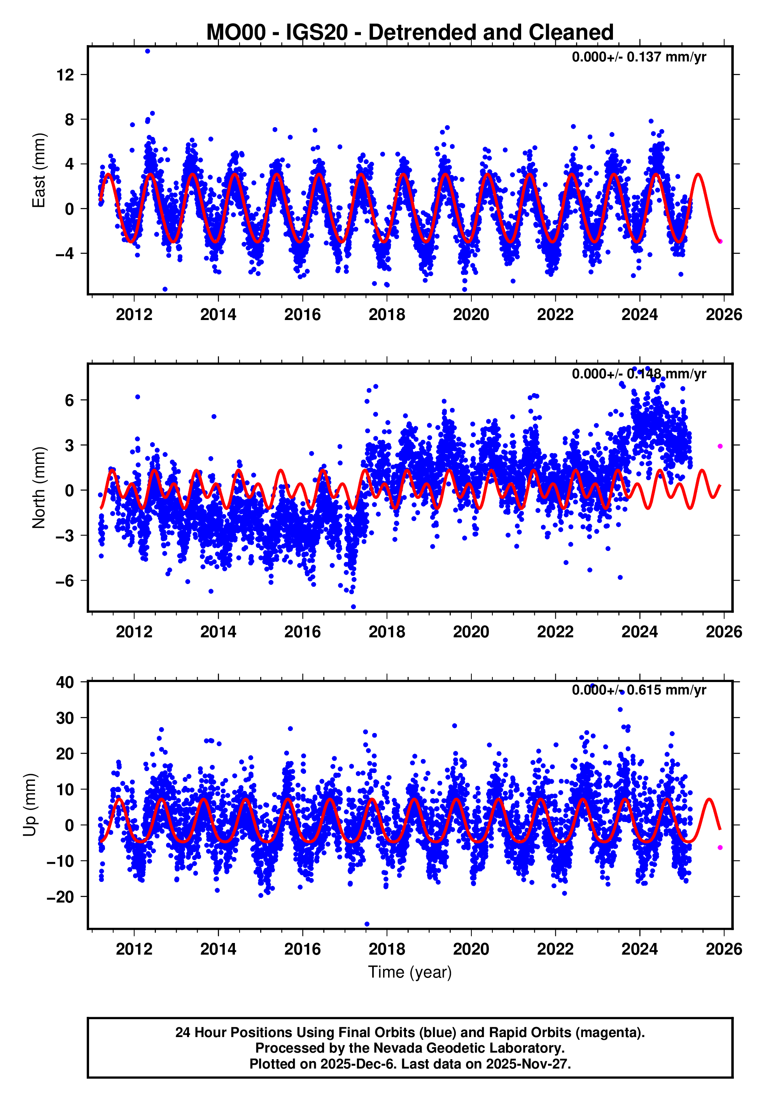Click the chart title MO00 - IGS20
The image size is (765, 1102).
coord(410,32)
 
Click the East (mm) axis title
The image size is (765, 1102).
coord(39,170)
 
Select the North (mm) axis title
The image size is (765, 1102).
coord(39,488)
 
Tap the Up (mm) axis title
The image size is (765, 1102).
coord(30,805)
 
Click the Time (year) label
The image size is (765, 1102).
coord(410,972)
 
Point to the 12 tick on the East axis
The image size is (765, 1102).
coord(65,75)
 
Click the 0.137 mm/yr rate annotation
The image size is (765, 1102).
coord(639,57)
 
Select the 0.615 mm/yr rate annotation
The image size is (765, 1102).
coord(639,690)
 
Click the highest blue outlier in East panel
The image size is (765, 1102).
coord(148,51)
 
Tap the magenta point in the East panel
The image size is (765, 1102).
coord(720,241)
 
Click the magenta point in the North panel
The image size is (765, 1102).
coord(720,446)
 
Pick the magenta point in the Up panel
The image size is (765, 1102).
coord(720,848)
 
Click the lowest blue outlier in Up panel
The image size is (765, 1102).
coord(367,924)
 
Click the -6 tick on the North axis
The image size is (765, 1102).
coord(65,581)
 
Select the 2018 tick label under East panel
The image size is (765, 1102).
coord(387,315)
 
